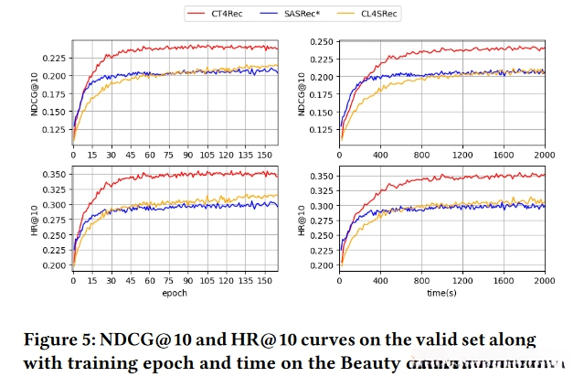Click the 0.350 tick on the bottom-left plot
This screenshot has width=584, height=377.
[x=55, y=174]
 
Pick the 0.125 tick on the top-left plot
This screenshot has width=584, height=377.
[x=55, y=129]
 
